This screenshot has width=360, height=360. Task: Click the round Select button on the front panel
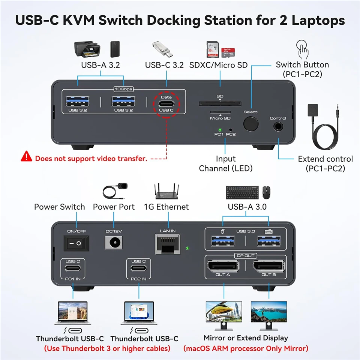coord(251,124)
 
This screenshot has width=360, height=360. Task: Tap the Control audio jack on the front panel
coord(278,126)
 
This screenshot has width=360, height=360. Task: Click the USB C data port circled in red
coord(166,103)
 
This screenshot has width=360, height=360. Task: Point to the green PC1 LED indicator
coord(220,130)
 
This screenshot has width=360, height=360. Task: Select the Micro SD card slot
coord(220,112)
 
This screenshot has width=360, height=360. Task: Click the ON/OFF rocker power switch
coord(76,243)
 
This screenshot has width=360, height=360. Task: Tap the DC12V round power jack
coord(114,243)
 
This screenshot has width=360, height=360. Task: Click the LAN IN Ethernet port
coord(168,244)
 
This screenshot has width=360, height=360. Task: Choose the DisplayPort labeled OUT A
coord(223,266)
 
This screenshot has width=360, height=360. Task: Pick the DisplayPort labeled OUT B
coord(269,266)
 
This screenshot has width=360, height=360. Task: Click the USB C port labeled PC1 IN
coord(72,268)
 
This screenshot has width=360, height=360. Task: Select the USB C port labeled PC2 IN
coord(138,268)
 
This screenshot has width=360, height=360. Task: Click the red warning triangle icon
coord(26,156)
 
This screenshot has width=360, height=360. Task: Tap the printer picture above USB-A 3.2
coord(87,49)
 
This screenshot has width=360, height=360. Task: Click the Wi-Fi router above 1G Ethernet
coord(166,191)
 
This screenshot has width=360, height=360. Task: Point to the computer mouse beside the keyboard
coord(266,192)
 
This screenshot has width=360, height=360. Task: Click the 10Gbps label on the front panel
coord(123,89)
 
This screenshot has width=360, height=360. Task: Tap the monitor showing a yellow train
coord(224,315)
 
